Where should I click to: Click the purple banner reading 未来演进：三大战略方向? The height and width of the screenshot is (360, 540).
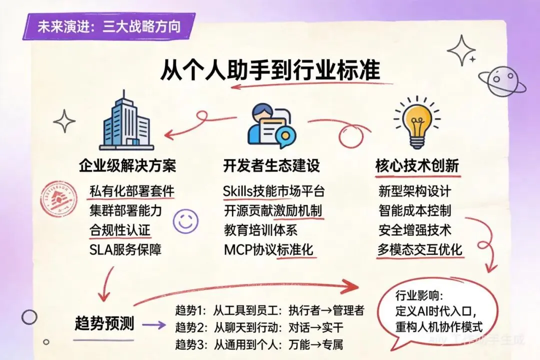(108, 26)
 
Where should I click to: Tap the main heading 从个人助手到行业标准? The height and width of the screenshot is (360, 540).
(270, 69)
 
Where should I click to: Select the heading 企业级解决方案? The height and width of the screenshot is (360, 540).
(127, 165)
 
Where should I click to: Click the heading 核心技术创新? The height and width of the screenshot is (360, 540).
(417, 165)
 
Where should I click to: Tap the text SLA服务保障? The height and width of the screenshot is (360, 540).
(125, 249)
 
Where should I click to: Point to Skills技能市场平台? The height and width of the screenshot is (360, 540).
(274, 191)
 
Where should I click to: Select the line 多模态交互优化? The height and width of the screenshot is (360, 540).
(420, 249)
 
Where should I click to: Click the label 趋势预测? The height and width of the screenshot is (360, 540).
(104, 323)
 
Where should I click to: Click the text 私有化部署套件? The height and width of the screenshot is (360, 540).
(132, 191)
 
